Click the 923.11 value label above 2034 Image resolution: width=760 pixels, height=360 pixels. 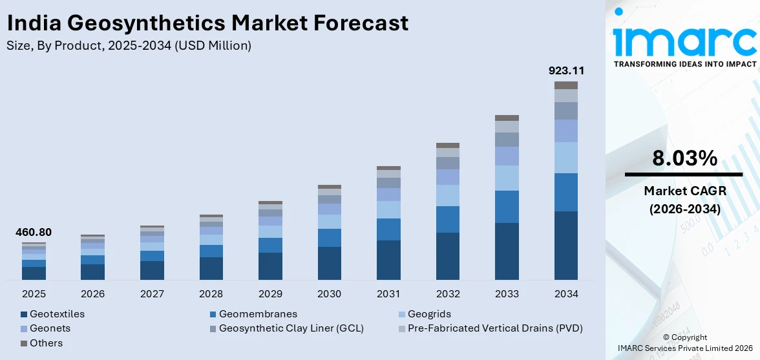[x=566, y=70]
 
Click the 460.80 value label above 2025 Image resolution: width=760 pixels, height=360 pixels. [x=34, y=232]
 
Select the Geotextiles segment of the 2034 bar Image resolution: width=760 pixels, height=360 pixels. [x=566, y=245]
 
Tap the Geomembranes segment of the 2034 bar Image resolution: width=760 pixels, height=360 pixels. [x=566, y=192]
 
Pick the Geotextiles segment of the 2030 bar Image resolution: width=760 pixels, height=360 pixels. [x=330, y=263]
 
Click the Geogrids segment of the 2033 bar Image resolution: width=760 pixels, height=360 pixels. [x=507, y=178]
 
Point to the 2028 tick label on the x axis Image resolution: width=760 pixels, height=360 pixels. [x=211, y=294]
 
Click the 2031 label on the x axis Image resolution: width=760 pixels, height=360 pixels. [x=388, y=294]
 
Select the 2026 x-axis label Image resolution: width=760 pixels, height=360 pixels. [x=93, y=294]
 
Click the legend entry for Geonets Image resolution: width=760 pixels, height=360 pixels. [x=50, y=328]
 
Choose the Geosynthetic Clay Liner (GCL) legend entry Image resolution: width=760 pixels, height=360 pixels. [x=291, y=328]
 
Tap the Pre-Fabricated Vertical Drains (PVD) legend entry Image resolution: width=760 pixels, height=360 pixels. [x=495, y=328]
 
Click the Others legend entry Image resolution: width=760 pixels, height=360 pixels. [x=46, y=343]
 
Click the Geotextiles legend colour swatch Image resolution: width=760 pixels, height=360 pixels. [x=24, y=314]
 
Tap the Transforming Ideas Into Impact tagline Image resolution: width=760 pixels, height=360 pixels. [x=684, y=64]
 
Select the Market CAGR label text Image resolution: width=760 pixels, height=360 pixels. [x=684, y=191]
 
